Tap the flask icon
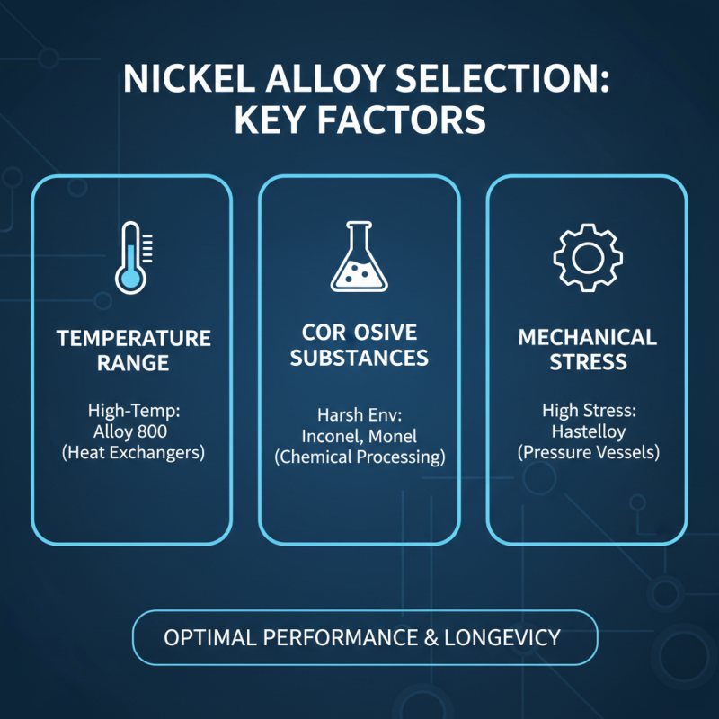click(359, 258)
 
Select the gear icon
click(587, 257)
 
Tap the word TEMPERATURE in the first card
click(134, 339)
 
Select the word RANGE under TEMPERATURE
click(134, 364)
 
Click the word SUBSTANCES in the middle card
click(359, 359)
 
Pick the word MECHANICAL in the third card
click(588, 339)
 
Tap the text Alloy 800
click(134, 431)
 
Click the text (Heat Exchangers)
click(134, 452)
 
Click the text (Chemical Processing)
click(359, 457)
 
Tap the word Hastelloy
click(588, 431)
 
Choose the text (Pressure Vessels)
click(588, 452)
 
